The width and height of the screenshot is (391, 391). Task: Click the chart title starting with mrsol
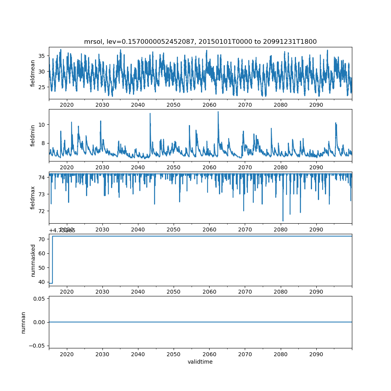[x=200, y=41]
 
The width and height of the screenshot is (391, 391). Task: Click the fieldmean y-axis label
[x=33, y=73]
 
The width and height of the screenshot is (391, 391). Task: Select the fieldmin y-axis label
[x=33, y=135]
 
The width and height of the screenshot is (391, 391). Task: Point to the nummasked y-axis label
[x=33, y=260]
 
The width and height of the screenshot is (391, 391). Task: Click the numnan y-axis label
[x=23, y=322]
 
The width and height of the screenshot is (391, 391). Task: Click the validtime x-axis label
[x=200, y=362]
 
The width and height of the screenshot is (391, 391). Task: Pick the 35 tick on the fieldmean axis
[x=41, y=56]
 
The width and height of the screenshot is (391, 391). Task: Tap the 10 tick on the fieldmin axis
[x=41, y=124]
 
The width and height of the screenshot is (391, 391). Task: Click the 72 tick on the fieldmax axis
[x=41, y=211]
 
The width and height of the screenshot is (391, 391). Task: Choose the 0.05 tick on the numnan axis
[x=38, y=299]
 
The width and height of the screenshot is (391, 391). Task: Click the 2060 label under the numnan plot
[x=210, y=354]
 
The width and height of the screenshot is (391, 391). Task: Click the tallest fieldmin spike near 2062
[x=218, y=112]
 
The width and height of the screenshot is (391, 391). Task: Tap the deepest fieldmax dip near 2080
[x=283, y=221]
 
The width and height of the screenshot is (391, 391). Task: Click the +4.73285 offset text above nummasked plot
[x=62, y=231]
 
